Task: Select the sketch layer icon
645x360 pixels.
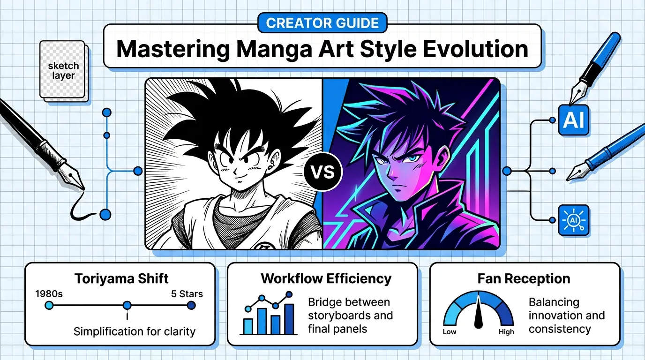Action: click(x=64, y=71)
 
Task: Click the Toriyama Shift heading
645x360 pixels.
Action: click(x=121, y=278)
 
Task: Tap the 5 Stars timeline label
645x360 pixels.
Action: click(x=187, y=294)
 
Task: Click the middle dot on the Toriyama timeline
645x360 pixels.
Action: click(x=127, y=306)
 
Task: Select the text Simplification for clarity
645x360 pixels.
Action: click(x=134, y=332)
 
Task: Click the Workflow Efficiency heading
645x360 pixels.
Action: click(x=326, y=278)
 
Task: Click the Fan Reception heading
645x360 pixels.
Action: click(x=524, y=278)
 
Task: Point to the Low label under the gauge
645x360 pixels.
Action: click(x=449, y=332)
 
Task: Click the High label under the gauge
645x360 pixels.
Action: click(x=506, y=332)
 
